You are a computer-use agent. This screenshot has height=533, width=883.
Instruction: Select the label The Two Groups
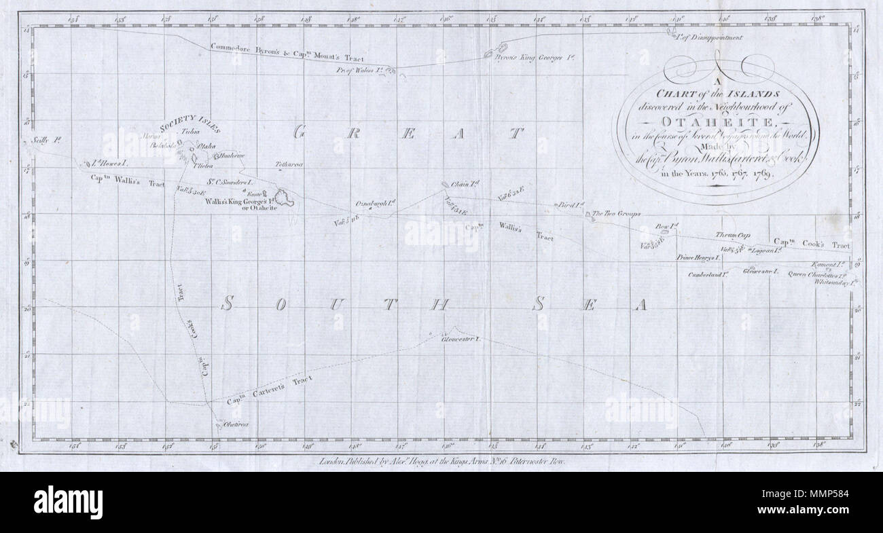tap(617, 214)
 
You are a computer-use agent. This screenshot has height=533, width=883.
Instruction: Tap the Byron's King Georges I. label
tap(535, 58)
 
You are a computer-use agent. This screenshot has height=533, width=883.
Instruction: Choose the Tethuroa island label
tap(289, 165)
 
